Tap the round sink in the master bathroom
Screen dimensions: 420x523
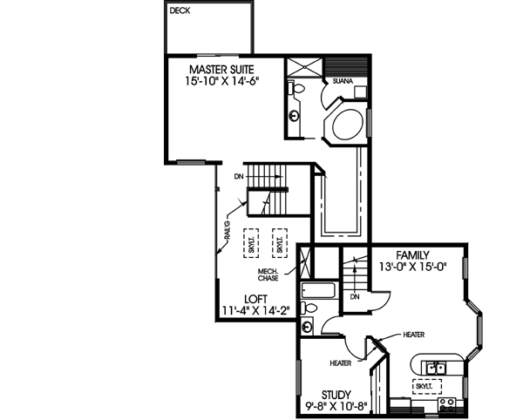(x=295, y=115)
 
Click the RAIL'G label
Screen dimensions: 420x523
(x=226, y=232)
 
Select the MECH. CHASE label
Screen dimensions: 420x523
(x=268, y=274)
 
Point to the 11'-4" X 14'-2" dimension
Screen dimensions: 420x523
(x=255, y=309)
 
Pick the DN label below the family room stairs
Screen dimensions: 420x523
(x=355, y=297)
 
